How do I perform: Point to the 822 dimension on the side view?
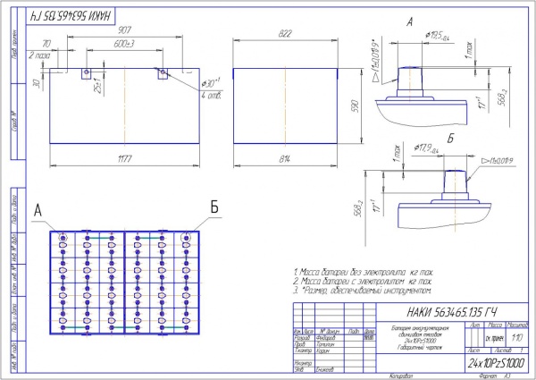click(285, 32)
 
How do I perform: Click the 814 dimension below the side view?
click(285, 159)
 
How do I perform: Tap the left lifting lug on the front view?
click(86, 72)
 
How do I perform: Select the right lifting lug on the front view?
click(163, 72)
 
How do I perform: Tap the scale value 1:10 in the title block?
click(517, 338)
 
